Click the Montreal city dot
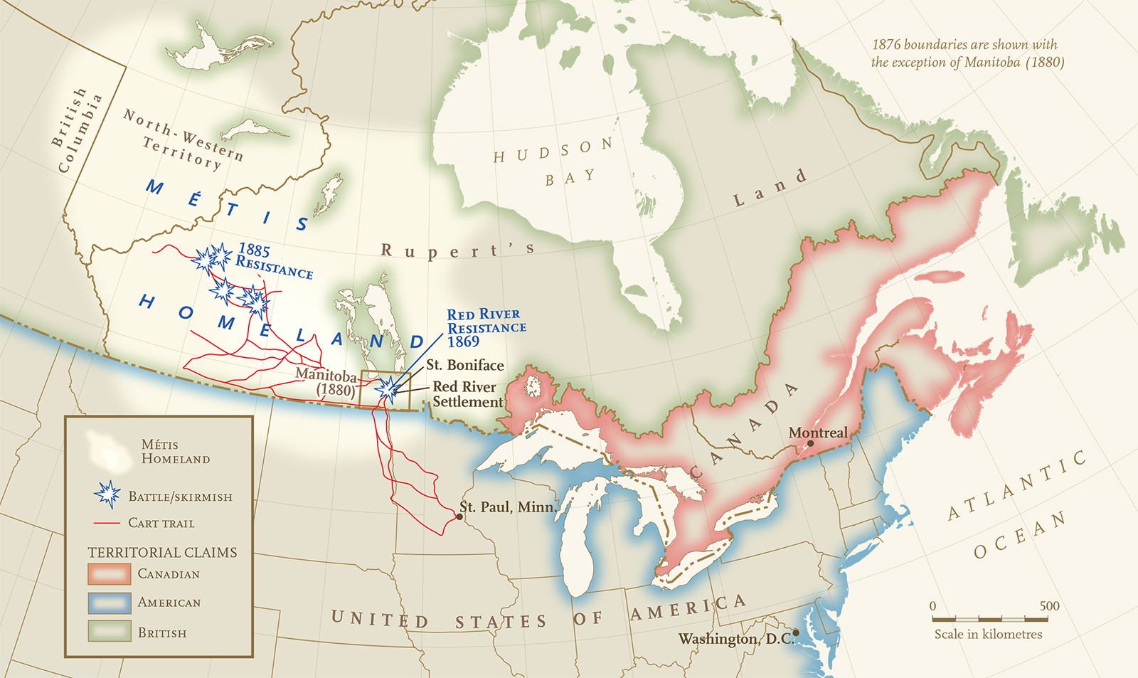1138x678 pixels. (x=810, y=444)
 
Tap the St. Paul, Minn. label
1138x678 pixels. (x=506, y=507)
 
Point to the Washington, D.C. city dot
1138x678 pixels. (x=796, y=632)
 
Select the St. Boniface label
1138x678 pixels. (x=464, y=365)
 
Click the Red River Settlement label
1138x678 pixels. (x=467, y=394)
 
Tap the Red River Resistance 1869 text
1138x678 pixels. (x=486, y=328)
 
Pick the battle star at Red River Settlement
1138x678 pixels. (x=388, y=389)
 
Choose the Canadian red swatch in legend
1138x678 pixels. (x=109, y=573)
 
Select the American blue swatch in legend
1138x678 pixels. (x=109, y=603)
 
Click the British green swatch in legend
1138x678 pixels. (x=109, y=632)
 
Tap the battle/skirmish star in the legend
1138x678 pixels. (x=107, y=494)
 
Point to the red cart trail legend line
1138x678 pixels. (x=107, y=523)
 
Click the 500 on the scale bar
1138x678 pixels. (x=1049, y=606)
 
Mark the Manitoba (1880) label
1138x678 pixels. (x=328, y=382)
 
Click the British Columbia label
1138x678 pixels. (x=77, y=131)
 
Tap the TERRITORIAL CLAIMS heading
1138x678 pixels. (x=162, y=552)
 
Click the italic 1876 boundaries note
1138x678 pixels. (x=967, y=53)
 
